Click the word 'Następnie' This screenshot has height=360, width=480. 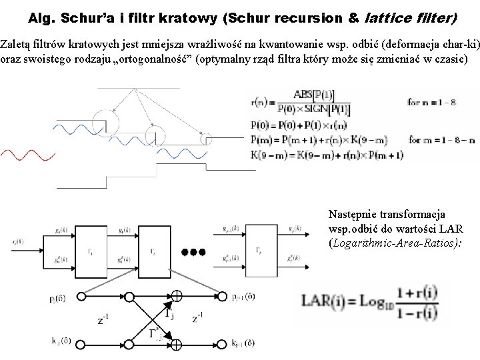click(x=351, y=215)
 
